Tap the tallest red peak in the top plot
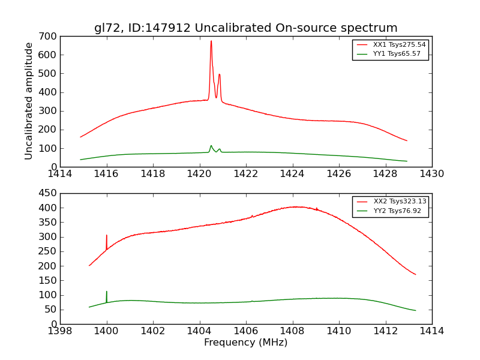(211, 41)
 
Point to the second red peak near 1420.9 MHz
(220, 75)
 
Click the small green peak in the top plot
(211, 146)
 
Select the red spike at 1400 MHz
(107, 236)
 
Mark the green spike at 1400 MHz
(107, 292)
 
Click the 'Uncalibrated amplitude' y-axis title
(29, 101)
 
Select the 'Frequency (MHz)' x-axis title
(245, 343)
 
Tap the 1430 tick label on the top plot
(432, 174)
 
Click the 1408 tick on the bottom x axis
(292, 331)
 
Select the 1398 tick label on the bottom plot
(60, 331)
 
